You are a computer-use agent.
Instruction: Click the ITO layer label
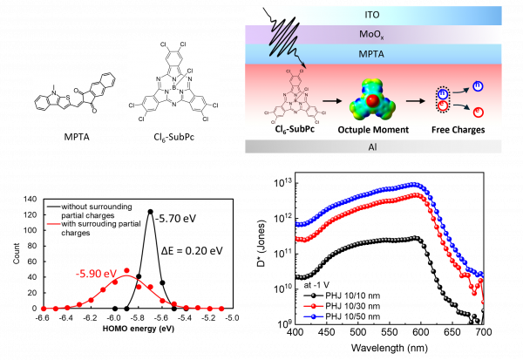(373, 15)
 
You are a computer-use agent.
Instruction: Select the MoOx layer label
(373, 35)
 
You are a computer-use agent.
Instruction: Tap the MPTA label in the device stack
(373, 54)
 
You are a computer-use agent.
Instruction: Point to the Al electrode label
(373, 146)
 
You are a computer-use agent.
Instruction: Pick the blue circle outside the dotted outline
(477, 86)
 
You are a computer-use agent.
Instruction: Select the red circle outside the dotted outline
(477, 113)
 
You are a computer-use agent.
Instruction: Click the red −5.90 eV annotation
(95, 275)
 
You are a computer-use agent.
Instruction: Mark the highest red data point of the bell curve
(127, 271)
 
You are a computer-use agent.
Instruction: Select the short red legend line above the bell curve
(54, 224)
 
